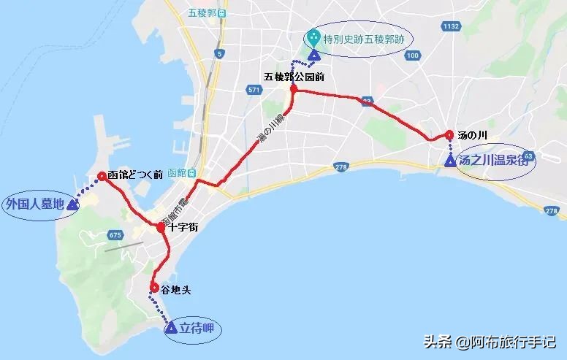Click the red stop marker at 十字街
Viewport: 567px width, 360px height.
point(161,228)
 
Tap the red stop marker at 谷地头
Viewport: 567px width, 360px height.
point(154,287)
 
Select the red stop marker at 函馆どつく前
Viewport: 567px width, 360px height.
point(101,175)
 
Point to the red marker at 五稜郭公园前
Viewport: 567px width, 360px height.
point(294,89)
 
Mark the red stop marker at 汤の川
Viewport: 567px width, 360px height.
point(449,135)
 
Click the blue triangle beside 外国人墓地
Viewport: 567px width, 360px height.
point(72,205)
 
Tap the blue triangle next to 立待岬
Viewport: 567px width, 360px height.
point(171,329)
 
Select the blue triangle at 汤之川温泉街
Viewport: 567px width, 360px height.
point(450,161)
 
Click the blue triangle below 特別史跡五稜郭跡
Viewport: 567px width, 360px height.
point(313,55)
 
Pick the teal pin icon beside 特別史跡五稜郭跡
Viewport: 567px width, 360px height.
point(313,36)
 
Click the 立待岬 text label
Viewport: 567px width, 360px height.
point(199,328)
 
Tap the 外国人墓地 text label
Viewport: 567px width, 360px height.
point(33,203)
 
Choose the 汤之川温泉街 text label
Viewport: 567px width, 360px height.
point(493,161)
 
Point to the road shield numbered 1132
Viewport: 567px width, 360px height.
point(450,26)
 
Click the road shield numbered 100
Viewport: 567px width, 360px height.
point(413,55)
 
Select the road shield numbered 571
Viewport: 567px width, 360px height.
point(254,90)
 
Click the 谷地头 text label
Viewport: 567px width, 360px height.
point(176,289)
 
